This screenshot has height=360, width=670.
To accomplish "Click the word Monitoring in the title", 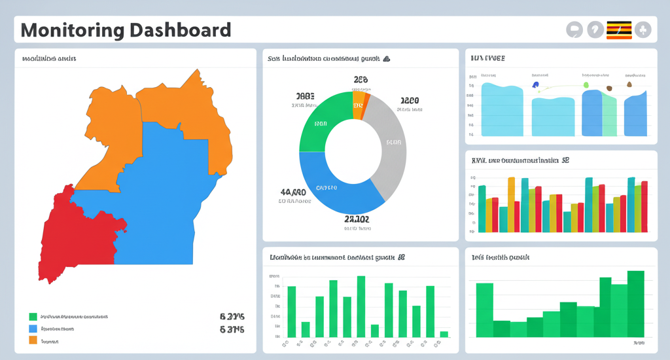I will (x=73, y=30).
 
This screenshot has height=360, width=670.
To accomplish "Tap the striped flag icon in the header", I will (x=619, y=29).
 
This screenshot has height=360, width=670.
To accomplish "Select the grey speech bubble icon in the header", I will (x=573, y=29).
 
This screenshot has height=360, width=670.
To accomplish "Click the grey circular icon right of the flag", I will (x=643, y=29).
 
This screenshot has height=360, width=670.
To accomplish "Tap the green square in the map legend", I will (x=33, y=316).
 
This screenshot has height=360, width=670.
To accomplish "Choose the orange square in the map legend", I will (x=33, y=340).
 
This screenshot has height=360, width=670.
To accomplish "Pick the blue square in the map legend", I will (x=33, y=329).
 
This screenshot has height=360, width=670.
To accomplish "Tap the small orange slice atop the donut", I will (x=359, y=105).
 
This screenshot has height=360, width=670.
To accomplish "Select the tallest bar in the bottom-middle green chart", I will (x=361, y=306).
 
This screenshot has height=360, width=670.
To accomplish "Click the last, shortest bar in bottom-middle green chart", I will (x=444, y=334).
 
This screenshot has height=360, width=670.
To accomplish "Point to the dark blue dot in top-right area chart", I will (x=536, y=84).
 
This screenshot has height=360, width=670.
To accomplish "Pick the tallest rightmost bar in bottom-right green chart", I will (x=635, y=304).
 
